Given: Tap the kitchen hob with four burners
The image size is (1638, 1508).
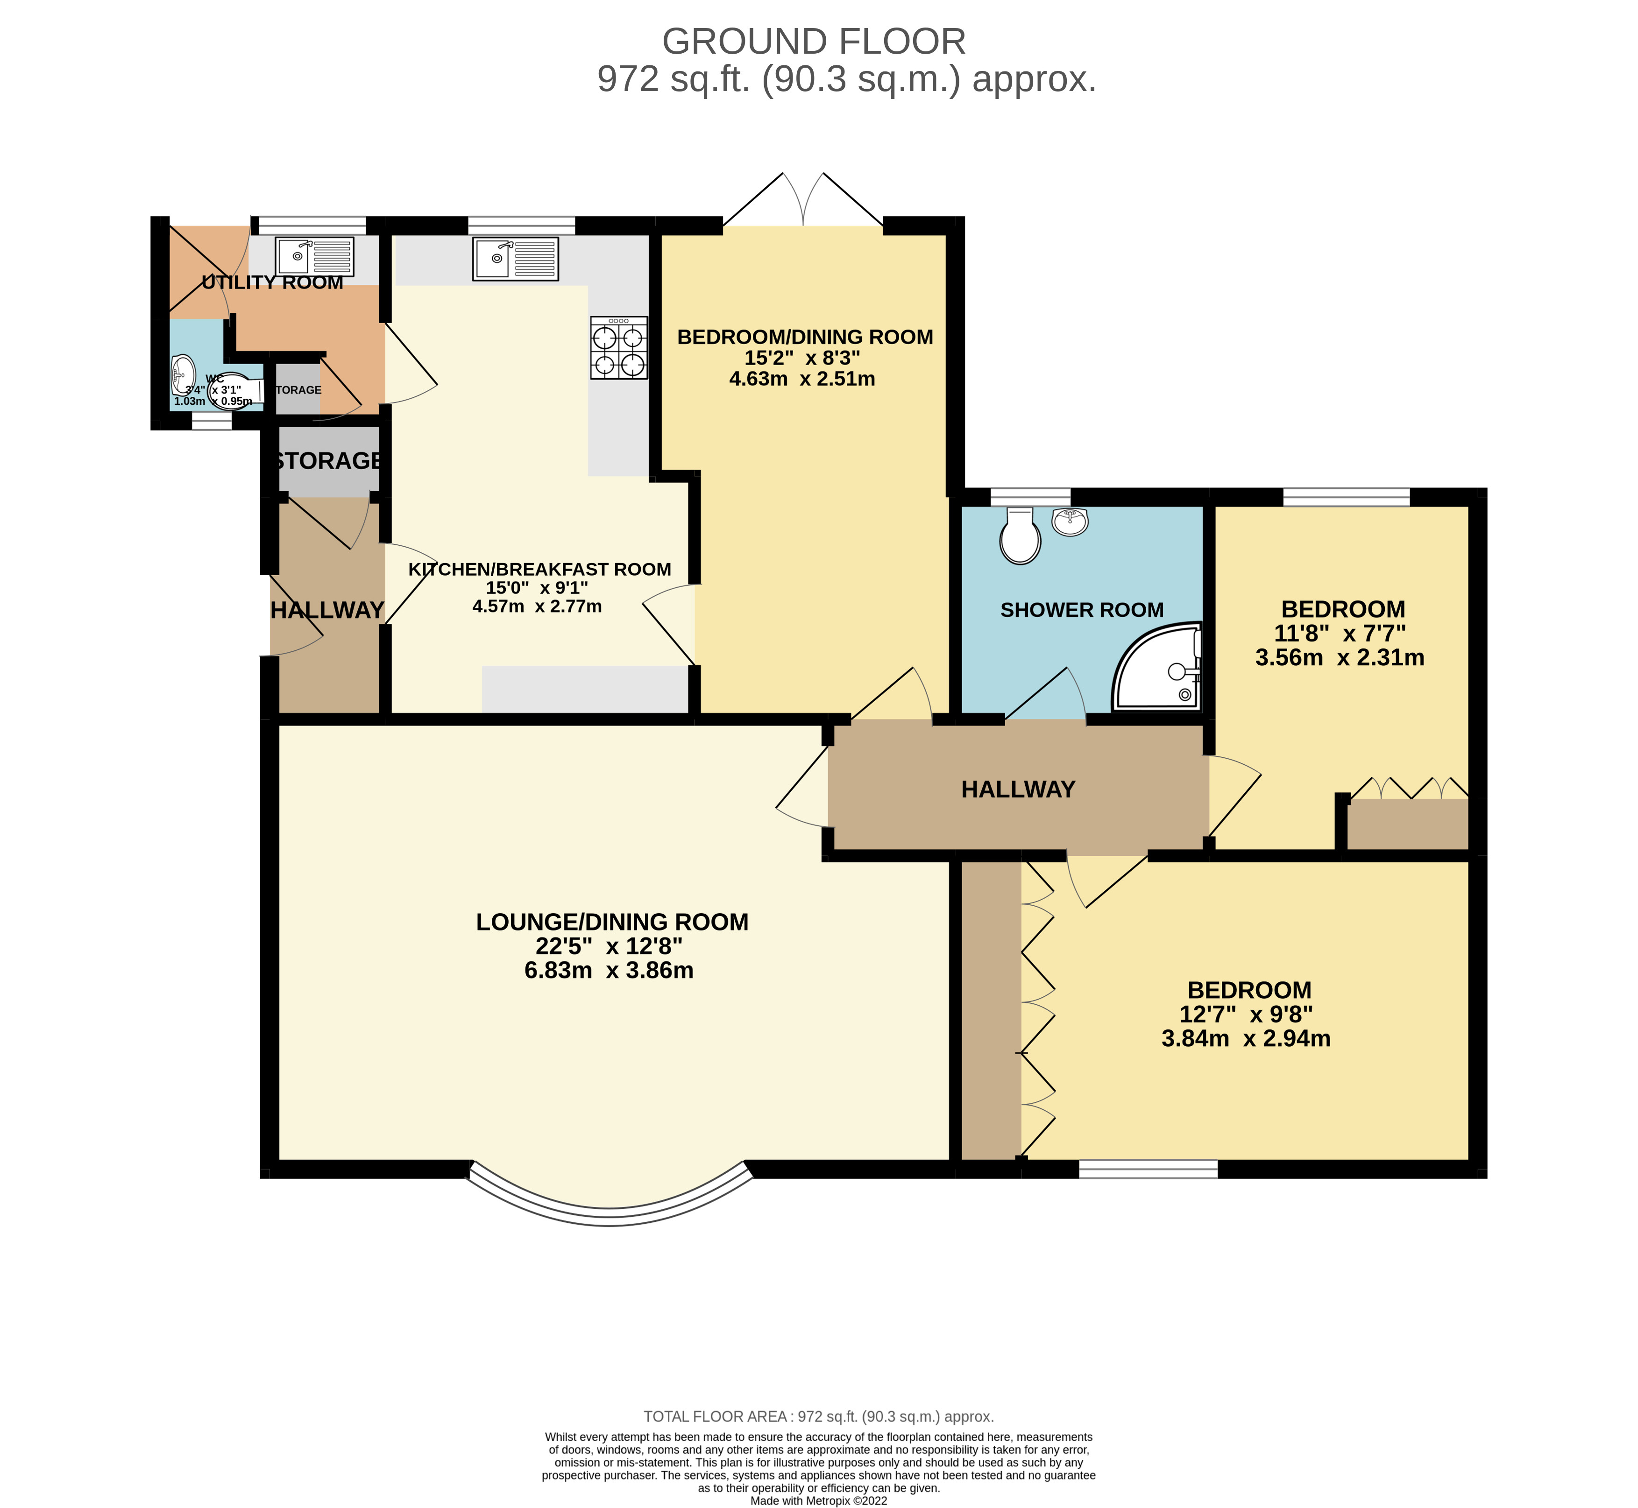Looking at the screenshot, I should pyautogui.click(x=619, y=348).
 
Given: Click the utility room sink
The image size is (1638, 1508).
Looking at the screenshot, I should pyautogui.click(x=314, y=256).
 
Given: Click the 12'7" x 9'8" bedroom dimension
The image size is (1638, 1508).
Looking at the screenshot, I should pyautogui.click(x=1246, y=1015).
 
